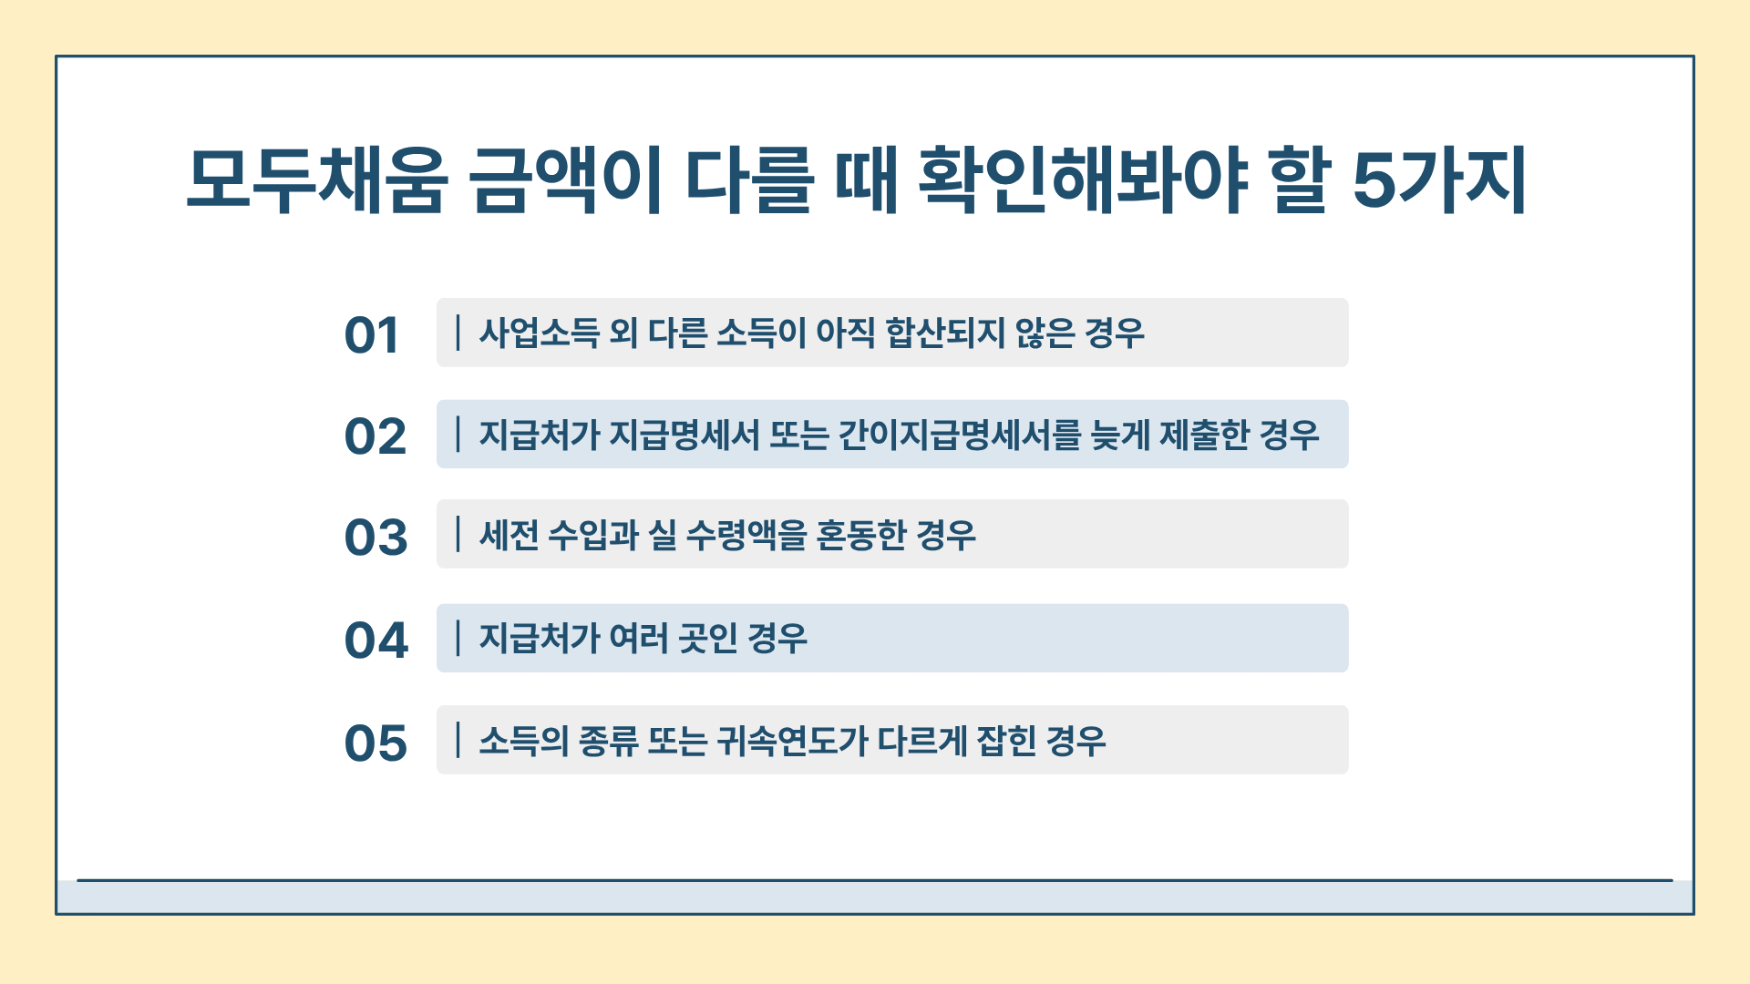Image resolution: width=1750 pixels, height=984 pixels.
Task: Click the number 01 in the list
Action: point(372,335)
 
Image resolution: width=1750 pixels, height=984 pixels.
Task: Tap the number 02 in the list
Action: point(375,436)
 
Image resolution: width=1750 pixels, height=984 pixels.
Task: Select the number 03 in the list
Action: point(376,538)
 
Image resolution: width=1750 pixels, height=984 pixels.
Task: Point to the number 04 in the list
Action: point(376,640)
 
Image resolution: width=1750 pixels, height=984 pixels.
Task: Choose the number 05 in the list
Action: point(376,743)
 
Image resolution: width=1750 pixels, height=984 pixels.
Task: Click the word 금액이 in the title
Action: point(567,179)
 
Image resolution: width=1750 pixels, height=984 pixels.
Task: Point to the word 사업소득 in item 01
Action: point(540,333)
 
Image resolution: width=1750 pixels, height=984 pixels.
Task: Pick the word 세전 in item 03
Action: point(510,535)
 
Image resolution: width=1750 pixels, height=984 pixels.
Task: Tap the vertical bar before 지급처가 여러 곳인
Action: point(458,638)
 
